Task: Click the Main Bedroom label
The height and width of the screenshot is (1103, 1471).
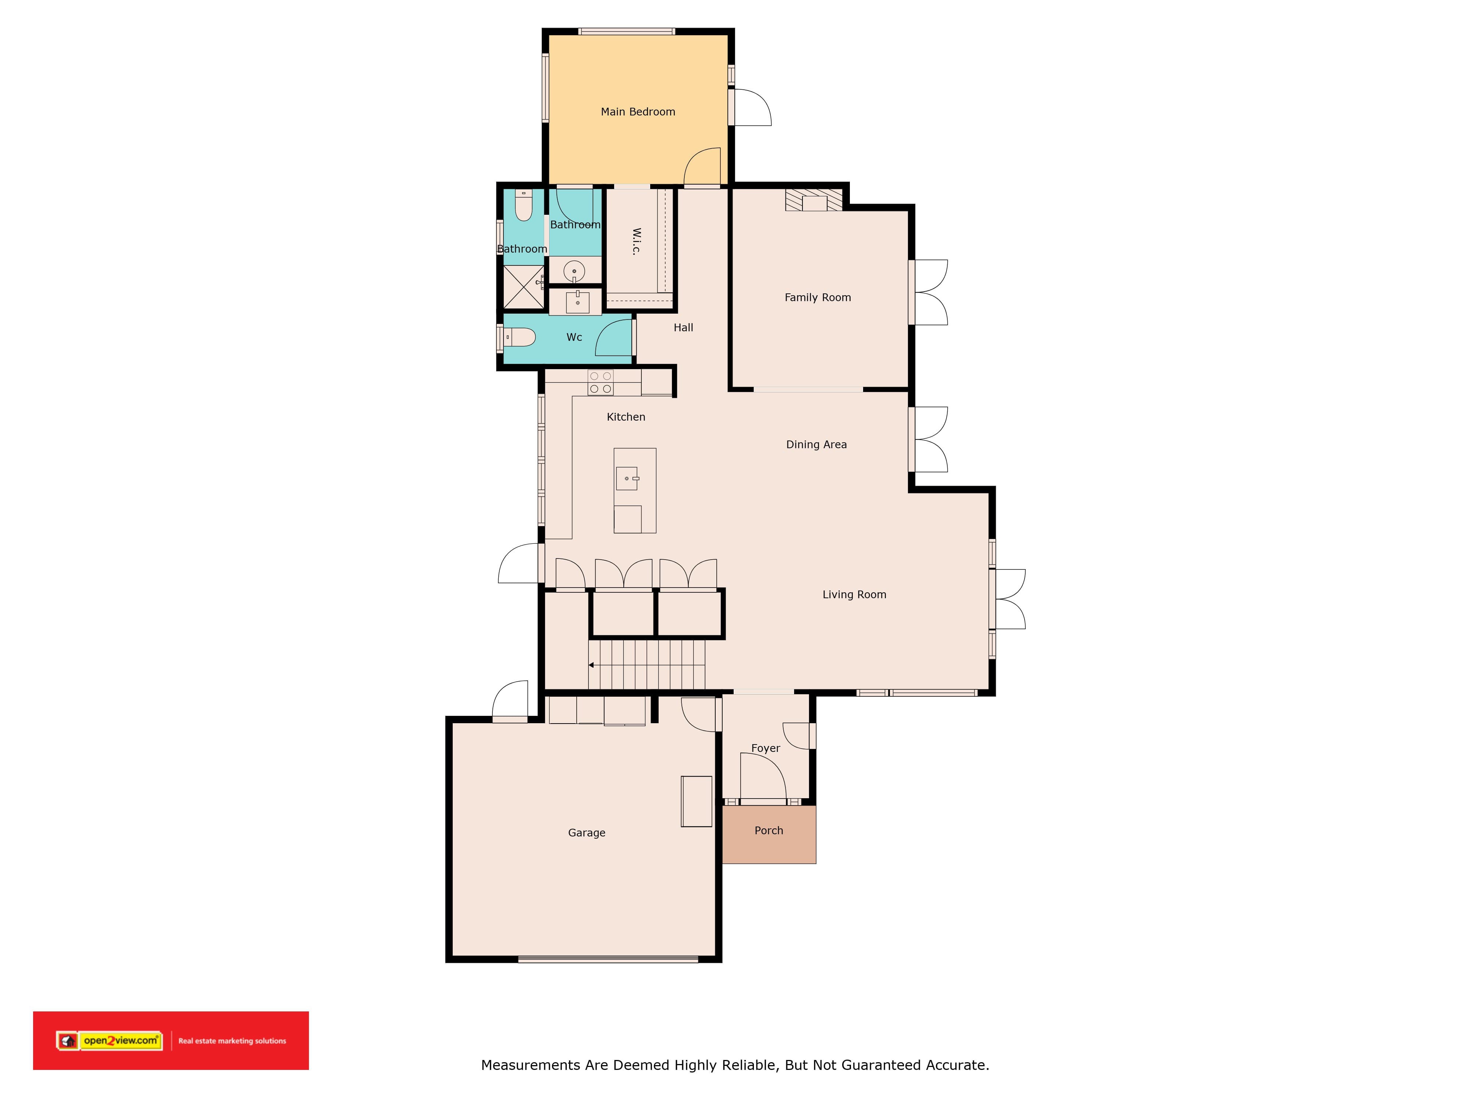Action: pos(638,112)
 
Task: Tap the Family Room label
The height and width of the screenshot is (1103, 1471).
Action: pos(817,297)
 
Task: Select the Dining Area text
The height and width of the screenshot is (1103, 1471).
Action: pos(816,444)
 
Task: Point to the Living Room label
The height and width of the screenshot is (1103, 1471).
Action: pos(854,595)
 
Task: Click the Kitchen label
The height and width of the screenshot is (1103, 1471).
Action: pos(626,417)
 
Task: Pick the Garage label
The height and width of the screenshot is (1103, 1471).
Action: pos(587,832)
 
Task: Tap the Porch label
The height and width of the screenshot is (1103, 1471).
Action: pos(769,831)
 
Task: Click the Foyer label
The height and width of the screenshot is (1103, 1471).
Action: pos(765,748)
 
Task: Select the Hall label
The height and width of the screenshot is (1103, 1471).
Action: pos(683,327)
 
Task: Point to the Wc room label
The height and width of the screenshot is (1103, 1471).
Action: pos(574,337)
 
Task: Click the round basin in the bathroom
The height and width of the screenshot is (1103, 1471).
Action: pos(574,271)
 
